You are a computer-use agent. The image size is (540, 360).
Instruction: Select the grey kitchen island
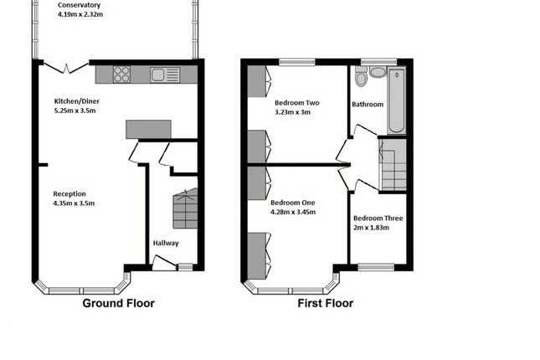(148, 129)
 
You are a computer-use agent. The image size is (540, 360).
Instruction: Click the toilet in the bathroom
(361, 78)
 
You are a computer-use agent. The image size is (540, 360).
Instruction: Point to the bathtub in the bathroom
(395, 100)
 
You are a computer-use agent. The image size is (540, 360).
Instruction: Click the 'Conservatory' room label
(85, 4)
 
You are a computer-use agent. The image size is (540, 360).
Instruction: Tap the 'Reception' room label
(69, 193)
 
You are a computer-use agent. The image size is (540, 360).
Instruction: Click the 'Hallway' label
(165, 243)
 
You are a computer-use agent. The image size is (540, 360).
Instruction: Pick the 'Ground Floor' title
(117, 303)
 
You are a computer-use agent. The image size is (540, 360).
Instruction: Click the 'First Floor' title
(326, 303)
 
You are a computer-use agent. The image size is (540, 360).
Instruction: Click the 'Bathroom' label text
(368, 105)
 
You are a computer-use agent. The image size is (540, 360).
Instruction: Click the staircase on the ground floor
(183, 209)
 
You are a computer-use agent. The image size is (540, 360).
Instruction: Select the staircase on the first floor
(393, 165)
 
